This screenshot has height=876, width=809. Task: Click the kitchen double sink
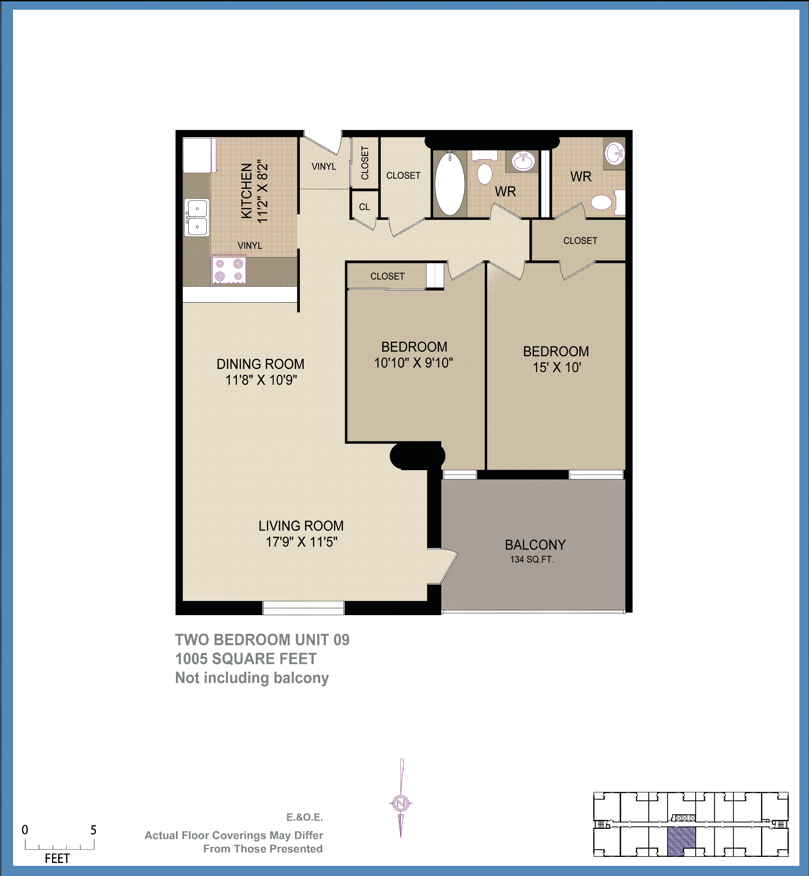[x=197, y=217]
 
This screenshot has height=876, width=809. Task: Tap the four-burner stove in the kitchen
[x=229, y=270]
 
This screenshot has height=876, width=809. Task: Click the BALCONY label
[x=535, y=544]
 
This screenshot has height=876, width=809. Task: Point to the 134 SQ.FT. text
[x=531, y=559]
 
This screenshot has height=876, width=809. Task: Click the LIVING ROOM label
[x=301, y=526]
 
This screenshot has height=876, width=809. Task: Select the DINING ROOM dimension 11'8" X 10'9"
[x=261, y=380]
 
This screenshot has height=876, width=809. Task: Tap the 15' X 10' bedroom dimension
[x=556, y=367]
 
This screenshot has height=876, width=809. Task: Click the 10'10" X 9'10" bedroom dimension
[x=413, y=363]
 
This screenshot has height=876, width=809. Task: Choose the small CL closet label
[x=364, y=207]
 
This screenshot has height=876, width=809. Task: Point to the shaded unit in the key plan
[x=681, y=841]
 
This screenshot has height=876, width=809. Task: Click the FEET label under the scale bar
[x=57, y=859]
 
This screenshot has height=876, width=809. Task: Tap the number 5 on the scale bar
[x=93, y=830]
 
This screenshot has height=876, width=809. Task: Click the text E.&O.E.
[x=304, y=817]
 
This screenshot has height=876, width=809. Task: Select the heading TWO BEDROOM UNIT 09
[x=262, y=640]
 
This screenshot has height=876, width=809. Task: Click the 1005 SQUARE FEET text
[x=245, y=659]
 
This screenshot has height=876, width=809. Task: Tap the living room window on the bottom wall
[x=304, y=608]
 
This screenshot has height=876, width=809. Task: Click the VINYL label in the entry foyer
[x=323, y=166]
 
